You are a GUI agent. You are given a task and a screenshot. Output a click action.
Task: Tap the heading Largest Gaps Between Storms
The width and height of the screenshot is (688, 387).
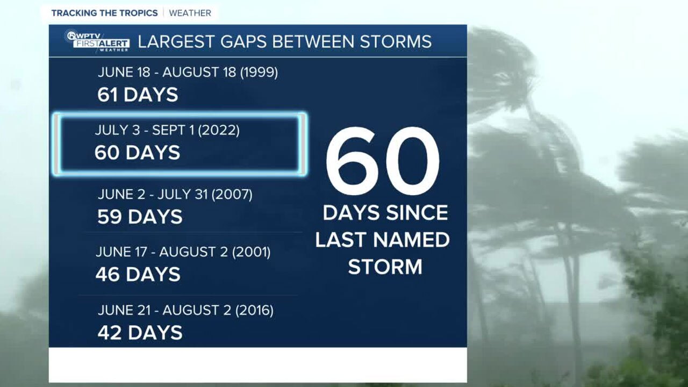[x=285, y=41]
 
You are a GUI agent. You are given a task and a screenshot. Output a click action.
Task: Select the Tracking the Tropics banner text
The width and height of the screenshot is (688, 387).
[x=105, y=13]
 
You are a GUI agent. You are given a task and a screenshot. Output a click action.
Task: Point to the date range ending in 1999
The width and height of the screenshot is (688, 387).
[x=188, y=72]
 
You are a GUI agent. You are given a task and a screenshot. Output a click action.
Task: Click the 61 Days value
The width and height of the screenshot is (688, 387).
[x=138, y=95]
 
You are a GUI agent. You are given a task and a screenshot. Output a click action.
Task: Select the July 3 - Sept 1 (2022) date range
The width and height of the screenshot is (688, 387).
[x=167, y=130]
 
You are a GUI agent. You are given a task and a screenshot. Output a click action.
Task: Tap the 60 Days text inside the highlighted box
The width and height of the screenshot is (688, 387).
[x=137, y=153]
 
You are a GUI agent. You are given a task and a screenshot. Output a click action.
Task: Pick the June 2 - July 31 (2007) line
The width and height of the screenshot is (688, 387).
[x=175, y=194]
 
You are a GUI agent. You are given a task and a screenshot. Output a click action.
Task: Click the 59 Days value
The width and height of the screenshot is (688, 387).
[x=140, y=217]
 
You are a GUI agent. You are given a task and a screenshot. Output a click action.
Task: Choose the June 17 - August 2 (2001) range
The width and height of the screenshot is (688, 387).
[x=183, y=252]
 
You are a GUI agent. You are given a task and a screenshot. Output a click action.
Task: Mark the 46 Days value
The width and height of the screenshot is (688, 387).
[x=138, y=275]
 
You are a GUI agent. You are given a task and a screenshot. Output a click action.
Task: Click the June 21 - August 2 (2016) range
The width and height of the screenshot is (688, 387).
[x=185, y=310]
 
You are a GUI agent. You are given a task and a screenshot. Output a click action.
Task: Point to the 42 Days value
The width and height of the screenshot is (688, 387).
[x=140, y=333]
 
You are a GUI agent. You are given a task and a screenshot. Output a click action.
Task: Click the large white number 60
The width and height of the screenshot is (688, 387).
[x=382, y=161]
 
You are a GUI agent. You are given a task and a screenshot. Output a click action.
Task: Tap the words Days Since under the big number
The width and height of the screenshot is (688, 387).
[x=385, y=213]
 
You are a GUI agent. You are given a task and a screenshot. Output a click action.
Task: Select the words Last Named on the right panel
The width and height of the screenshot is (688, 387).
[x=382, y=240]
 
